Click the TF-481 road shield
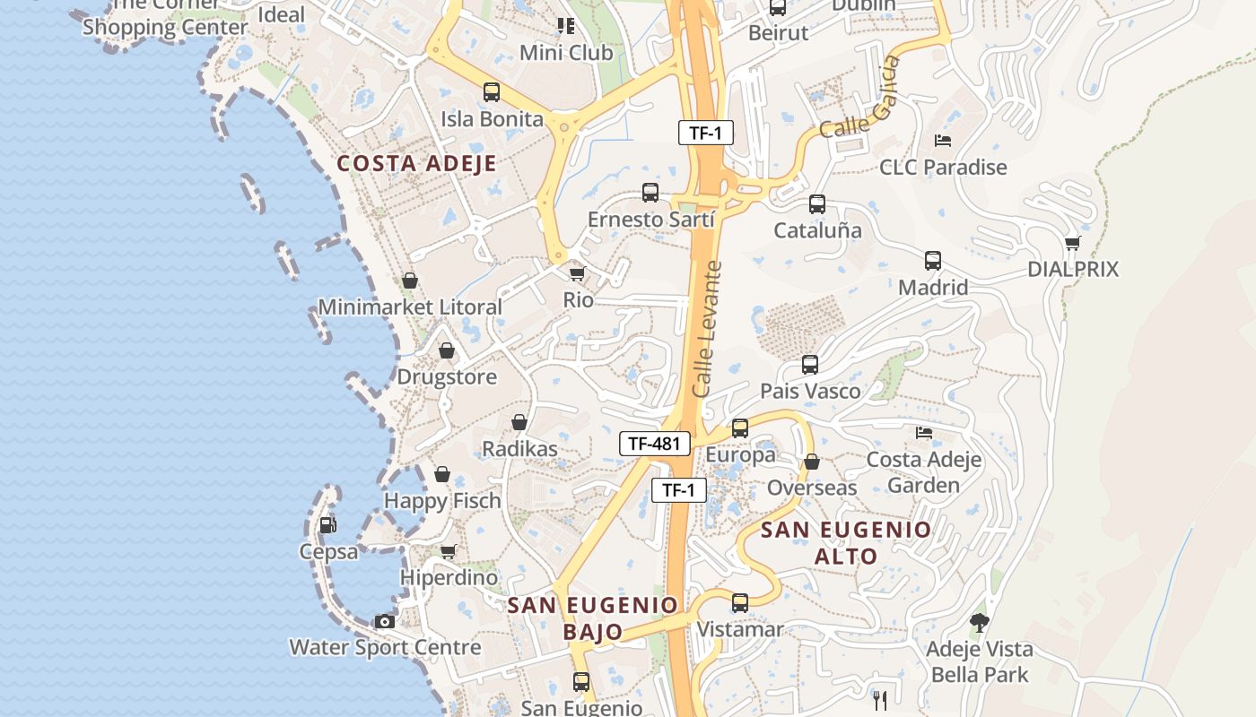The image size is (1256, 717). click(x=655, y=443)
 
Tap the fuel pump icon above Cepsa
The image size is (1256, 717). click(x=328, y=525)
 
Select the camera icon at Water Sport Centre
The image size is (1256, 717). click(x=385, y=621)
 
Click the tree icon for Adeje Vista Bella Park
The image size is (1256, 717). click(x=979, y=622)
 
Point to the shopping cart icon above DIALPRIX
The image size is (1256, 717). click(x=1072, y=243)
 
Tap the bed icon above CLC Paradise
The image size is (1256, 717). click(x=942, y=141)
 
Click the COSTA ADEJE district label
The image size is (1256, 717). click(x=416, y=163)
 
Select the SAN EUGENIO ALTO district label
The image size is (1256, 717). click(x=846, y=542)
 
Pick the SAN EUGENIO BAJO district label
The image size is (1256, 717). click(x=593, y=618)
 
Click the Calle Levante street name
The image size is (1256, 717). click(x=707, y=329)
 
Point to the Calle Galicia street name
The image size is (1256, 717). click(x=859, y=98)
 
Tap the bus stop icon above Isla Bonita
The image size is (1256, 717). click(x=491, y=91)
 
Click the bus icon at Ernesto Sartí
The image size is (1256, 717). click(x=650, y=193)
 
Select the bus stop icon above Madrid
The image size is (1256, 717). click(x=933, y=261)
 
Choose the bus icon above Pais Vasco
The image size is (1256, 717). click(x=809, y=365)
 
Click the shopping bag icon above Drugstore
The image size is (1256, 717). click(x=446, y=350)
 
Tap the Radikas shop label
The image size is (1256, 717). click(x=519, y=448)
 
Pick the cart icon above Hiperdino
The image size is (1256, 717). click(x=448, y=551)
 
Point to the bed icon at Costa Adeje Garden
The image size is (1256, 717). click(x=924, y=433)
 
